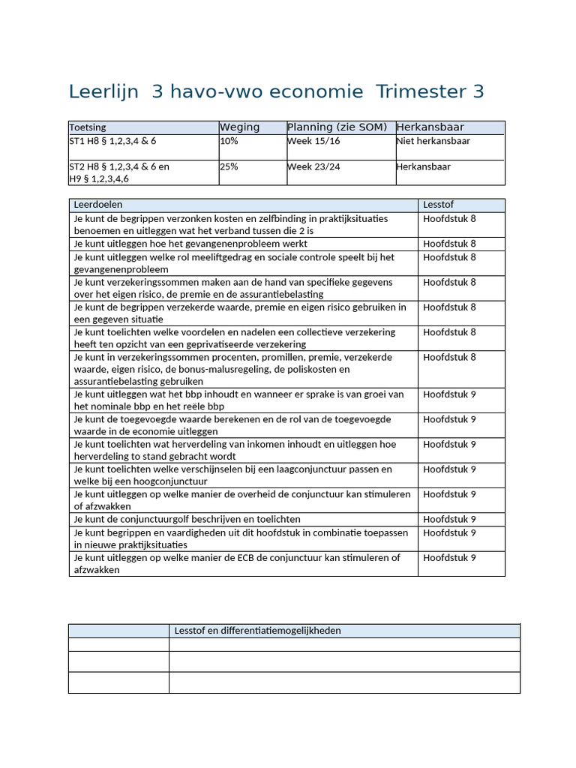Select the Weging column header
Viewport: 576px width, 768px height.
[x=239, y=127]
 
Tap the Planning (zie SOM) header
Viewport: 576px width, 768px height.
[x=337, y=127]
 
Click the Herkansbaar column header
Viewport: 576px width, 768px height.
[x=430, y=127]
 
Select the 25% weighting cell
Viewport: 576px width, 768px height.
[x=229, y=166]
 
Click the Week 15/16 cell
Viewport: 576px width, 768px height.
[x=313, y=141]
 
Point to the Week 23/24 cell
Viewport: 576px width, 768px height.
[x=313, y=166]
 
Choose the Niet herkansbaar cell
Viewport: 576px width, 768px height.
[x=433, y=141]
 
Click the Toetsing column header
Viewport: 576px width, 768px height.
[x=88, y=127]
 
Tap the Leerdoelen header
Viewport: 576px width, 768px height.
[x=98, y=205]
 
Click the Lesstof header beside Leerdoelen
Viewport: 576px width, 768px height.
[x=438, y=205]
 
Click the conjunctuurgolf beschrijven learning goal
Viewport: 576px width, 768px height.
[x=187, y=519]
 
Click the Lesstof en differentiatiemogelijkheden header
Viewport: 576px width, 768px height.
[x=257, y=631]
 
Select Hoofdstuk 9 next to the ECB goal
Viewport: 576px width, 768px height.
[x=449, y=558]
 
